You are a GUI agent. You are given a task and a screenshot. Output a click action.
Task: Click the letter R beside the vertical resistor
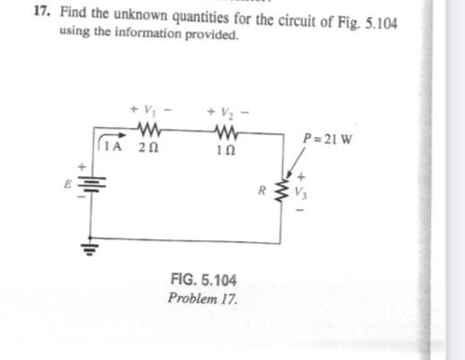[260, 190]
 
